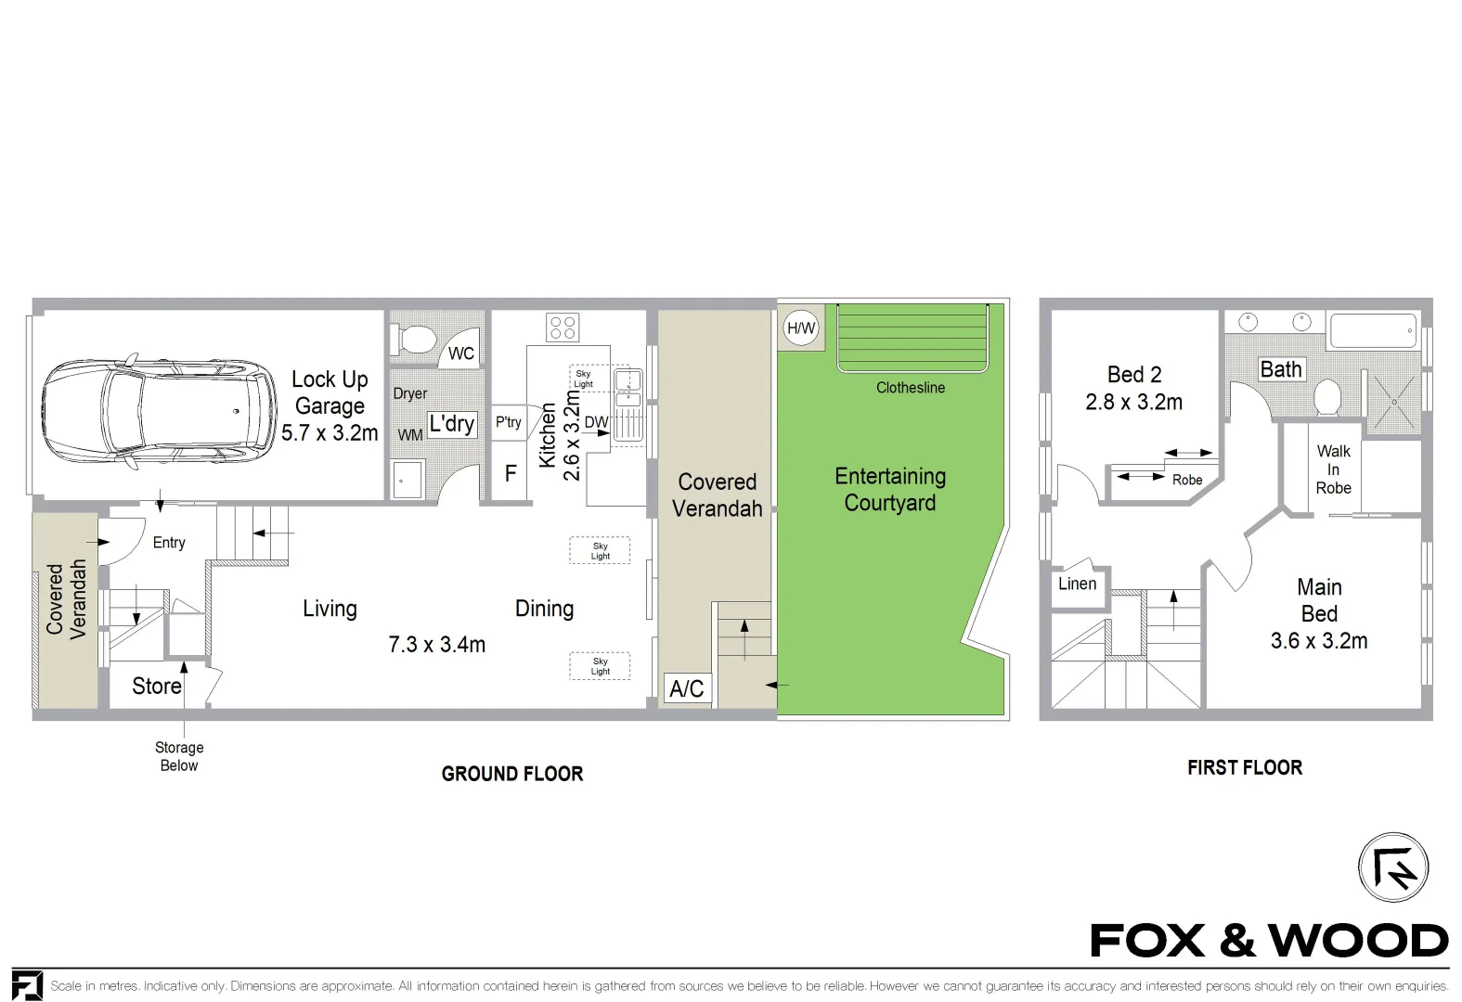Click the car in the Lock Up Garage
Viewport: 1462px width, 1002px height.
pos(159,411)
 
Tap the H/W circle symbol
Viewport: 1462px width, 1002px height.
pos(801,328)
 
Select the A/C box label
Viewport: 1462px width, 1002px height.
pos(687,688)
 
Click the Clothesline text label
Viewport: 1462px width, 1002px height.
pos(910,388)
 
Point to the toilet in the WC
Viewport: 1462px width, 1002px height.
pos(414,339)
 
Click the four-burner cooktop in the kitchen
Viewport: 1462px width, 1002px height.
pos(563,328)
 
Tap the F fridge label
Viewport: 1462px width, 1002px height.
pos(510,473)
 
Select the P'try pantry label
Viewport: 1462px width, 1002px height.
pos(508,422)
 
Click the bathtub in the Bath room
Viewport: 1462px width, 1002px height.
pos(1372,330)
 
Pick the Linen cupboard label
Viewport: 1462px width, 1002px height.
pos(1077,584)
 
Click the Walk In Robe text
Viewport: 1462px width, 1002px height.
pos(1333,469)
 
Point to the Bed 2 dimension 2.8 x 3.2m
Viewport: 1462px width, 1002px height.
pos(1133,403)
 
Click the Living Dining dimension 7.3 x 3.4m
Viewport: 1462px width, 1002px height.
pos(436,645)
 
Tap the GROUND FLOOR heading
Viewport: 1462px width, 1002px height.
pos(512,774)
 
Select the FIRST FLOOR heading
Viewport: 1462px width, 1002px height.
pos(1245,767)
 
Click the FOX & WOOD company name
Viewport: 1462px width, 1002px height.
pos(1268,941)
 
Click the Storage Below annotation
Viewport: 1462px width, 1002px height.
pos(179,756)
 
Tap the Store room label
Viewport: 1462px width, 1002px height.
pos(156,687)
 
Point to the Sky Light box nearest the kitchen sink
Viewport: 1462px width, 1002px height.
pos(584,379)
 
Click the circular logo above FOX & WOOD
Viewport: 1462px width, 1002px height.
pos(1392,867)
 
